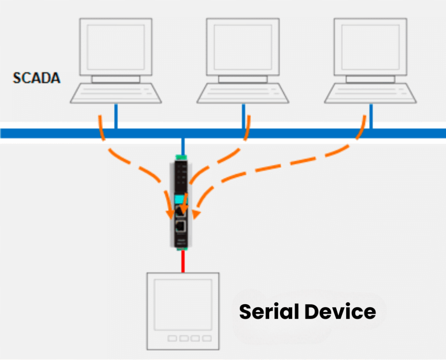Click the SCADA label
pyautogui.click(x=37, y=78)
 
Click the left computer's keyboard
pyautogui.click(x=116, y=93)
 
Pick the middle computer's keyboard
pyautogui.click(x=243, y=93)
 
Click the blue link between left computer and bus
pyautogui.click(x=115, y=115)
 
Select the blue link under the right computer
pyautogui.click(x=371, y=115)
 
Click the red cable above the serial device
pyautogui.click(x=183, y=262)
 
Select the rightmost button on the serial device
pyautogui.click(x=206, y=338)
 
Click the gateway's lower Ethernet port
pyautogui.click(x=180, y=226)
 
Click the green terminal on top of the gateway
pyautogui.click(x=181, y=157)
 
